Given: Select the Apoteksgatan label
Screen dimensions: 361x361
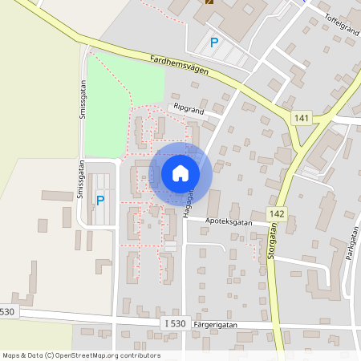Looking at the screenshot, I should pos(229,221).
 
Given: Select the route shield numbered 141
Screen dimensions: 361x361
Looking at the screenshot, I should pos(302,118).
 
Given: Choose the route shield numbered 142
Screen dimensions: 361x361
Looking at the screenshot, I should pos(278,213).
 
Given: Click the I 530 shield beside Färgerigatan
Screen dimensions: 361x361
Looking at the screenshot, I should pos(174,323).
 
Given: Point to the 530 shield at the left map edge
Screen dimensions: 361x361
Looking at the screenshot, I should pos(6,311).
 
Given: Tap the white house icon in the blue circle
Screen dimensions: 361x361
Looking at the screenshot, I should pos(180,172).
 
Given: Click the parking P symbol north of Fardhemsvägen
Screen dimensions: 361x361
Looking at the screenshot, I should pos(213,43).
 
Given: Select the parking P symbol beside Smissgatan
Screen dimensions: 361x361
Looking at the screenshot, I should pos(99,201).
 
